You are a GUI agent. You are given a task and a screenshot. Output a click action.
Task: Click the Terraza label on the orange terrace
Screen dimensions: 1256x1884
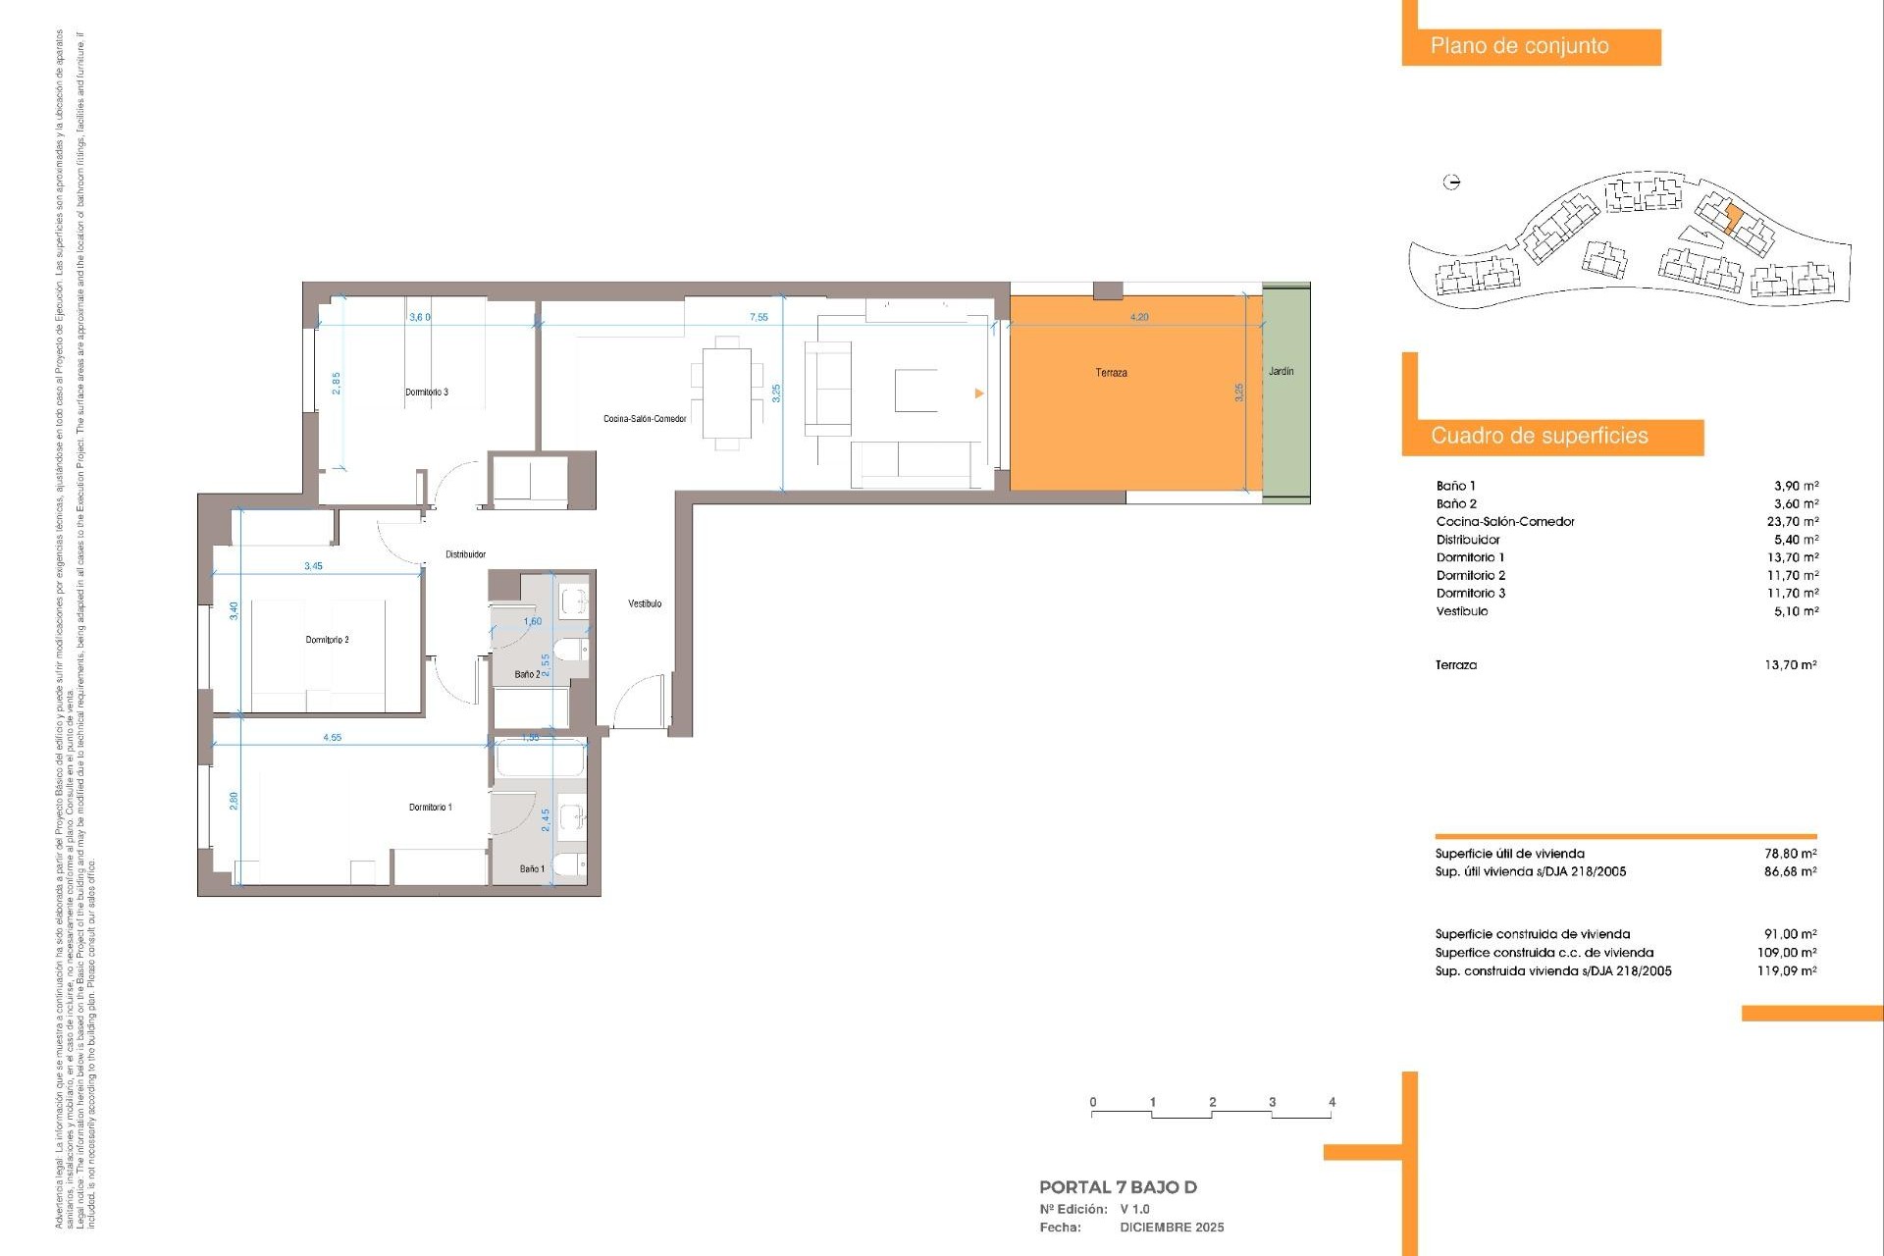[1111, 373]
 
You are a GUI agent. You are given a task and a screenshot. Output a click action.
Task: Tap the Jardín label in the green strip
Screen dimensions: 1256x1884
[1281, 371]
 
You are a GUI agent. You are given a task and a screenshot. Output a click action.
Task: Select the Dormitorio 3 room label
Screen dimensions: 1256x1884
[427, 392]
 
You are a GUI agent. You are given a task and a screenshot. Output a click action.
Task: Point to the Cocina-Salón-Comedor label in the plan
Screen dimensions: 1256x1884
[645, 419]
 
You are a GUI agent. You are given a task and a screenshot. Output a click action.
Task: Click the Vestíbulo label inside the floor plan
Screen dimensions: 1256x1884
[645, 603]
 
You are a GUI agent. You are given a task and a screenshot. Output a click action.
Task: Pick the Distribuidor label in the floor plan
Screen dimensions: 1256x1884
[465, 554]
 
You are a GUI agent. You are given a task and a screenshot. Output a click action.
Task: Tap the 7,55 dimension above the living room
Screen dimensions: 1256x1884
[759, 317]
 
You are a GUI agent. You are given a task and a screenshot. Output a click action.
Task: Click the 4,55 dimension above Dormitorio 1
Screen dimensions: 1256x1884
[333, 738]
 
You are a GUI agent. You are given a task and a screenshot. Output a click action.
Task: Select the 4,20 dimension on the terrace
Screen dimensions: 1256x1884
[1138, 317]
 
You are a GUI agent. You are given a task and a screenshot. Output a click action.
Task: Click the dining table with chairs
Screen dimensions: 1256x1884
[727, 392]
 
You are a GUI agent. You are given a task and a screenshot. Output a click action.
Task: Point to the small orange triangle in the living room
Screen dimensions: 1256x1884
[978, 393]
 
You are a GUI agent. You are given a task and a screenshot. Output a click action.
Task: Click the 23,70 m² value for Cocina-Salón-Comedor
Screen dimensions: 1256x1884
[1792, 522]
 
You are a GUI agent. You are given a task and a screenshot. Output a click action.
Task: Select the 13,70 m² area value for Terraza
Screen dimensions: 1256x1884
[1790, 665]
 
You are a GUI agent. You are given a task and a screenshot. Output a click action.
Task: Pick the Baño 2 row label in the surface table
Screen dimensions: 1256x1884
[1456, 504]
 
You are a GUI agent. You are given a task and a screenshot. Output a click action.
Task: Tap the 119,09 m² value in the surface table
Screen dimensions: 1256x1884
[1786, 971]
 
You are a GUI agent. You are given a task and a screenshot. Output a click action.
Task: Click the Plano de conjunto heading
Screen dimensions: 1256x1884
[1519, 46]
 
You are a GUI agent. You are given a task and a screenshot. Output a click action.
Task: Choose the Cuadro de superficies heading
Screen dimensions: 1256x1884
[1539, 437]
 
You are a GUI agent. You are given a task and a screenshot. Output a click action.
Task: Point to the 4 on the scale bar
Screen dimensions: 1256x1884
[1332, 1103]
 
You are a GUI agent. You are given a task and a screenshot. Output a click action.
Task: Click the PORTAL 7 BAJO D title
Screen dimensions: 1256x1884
[1118, 1187]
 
